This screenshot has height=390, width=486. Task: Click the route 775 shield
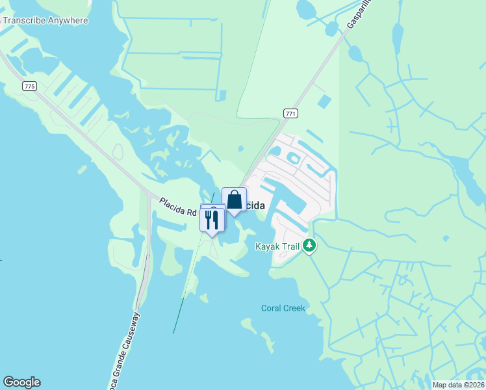coord(28,86)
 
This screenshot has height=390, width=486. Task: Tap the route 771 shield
coord(290,113)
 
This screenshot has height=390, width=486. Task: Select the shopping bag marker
coord(234,200)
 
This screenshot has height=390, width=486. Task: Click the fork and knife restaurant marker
coord(212,220)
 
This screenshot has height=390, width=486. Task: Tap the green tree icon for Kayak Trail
coord(311,246)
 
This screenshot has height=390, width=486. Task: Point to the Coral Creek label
coord(283,308)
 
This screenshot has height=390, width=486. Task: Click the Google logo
coord(21,382)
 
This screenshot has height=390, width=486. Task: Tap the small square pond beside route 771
coord(323,101)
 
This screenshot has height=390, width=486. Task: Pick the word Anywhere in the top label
coord(64,20)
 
